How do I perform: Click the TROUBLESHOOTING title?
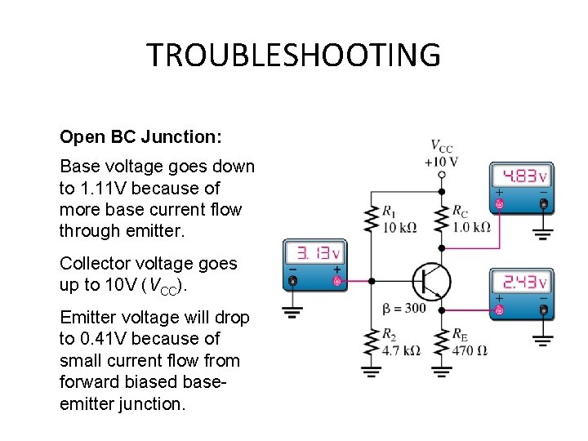(293, 55)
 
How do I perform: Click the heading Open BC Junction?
(140, 136)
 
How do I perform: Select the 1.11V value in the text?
(99, 188)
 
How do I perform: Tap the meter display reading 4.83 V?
(523, 176)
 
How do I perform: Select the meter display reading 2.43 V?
(523, 282)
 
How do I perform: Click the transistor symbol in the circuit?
(430, 282)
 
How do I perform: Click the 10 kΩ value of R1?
(399, 227)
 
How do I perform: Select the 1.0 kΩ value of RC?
(471, 227)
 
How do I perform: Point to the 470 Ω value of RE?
(470, 350)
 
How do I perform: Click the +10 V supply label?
(442, 161)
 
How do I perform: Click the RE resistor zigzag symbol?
(442, 343)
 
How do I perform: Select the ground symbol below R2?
(372, 372)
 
